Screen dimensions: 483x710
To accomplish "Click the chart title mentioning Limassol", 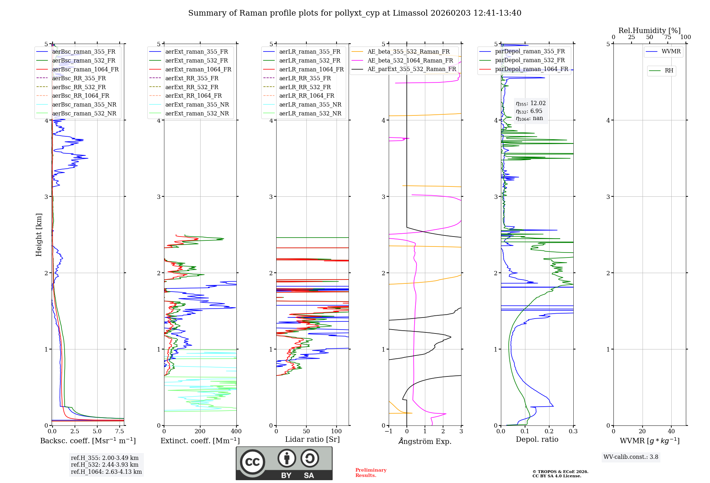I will coord(355,13).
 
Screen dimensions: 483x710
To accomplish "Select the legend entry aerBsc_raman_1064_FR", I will coord(85,69).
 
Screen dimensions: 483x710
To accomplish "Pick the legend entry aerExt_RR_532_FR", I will coord(192,87).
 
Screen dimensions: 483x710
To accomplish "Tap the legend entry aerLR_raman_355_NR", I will coord(310,104).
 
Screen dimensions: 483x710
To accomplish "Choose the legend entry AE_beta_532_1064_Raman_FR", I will coord(410,60).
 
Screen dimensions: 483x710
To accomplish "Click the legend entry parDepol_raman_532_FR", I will coord(530,60).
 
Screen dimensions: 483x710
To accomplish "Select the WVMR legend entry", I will coord(671,51).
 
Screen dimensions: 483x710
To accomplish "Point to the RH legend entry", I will coord(669,71).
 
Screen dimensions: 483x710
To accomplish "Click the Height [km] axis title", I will coord(39,235).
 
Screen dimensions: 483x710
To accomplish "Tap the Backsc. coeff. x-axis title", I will coord(88,441).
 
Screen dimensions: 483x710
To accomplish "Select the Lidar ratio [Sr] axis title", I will coord(312,439).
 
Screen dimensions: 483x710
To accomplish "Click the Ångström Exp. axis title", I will coord(425,441).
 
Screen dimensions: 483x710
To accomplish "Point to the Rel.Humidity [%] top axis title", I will coord(649,31).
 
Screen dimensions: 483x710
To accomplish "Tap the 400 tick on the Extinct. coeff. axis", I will coord(236,432).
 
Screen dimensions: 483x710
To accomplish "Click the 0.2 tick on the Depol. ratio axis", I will coord(549,432).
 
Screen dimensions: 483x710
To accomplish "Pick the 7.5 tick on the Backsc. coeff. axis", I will coord(120,432).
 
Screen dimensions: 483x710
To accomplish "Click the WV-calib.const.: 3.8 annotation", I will coord(631,457).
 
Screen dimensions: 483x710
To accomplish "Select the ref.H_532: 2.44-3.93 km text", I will coord(105,465).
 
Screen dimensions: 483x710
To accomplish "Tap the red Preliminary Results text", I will coord(371,473).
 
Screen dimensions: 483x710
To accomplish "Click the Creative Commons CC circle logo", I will coord(252,462).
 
